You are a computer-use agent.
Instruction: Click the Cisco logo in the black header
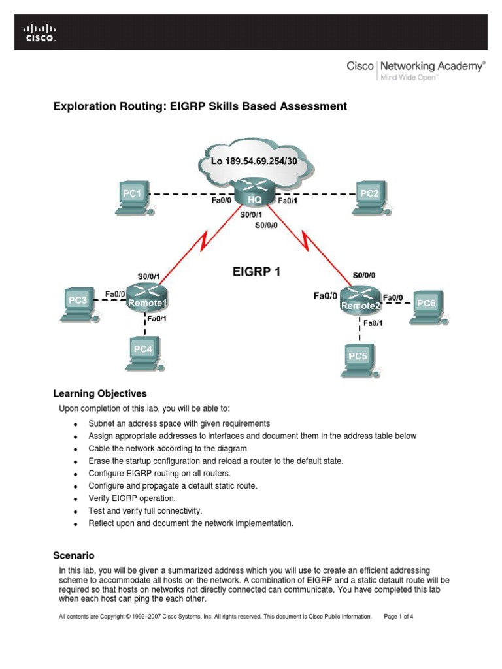[x=40, y=33]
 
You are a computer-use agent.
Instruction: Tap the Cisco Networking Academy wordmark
[x=415, y=67]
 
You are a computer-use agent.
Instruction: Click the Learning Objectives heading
[x=99, y=393]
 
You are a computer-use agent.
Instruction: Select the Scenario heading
[x=73, y=555]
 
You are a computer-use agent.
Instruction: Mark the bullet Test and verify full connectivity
[x=146, y=510]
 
